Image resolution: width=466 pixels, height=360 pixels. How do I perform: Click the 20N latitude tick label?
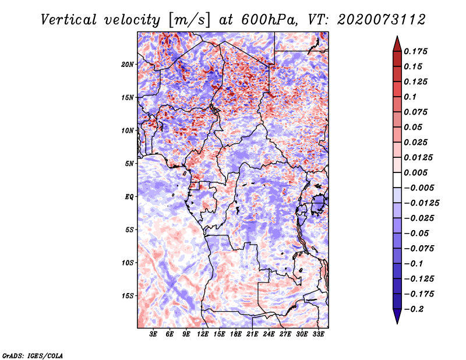point(128,64)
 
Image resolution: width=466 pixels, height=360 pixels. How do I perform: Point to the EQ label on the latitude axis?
point(129,196)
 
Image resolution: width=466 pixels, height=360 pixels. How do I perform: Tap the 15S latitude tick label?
point(128,295)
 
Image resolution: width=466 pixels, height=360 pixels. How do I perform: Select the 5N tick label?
point(129,163)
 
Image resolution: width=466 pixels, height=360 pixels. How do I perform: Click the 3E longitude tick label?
point(153,334)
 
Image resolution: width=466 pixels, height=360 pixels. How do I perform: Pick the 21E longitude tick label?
point(253,334)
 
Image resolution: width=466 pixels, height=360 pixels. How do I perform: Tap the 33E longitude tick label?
point(319,334)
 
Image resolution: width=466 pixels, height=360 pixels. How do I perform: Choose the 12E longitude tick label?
point(203,334)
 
